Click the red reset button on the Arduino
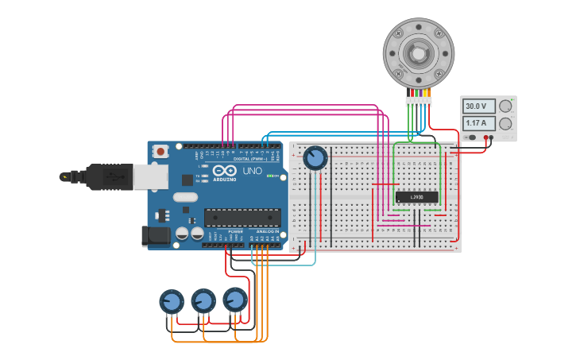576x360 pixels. coord(160,150)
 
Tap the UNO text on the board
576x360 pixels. coord(252,171)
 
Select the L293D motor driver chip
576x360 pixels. coord(416,196)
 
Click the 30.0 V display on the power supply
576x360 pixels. coord(479,106)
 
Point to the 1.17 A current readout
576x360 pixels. coord(479,123)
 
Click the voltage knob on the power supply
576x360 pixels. coord(504,106)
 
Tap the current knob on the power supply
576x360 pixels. coord(504,123)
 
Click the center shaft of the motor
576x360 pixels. coord(418,53)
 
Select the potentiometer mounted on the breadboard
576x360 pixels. coord(315,158)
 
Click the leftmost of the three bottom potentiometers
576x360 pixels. coord(172,302)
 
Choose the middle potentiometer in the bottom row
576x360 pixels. coord(203,301)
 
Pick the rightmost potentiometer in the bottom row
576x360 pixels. coord(235,300)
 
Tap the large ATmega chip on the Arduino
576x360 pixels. coord(242,217)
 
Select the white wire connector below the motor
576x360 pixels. coord(418,101)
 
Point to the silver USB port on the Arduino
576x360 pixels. coord(151,177)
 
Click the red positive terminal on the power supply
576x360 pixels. coord(485,137)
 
